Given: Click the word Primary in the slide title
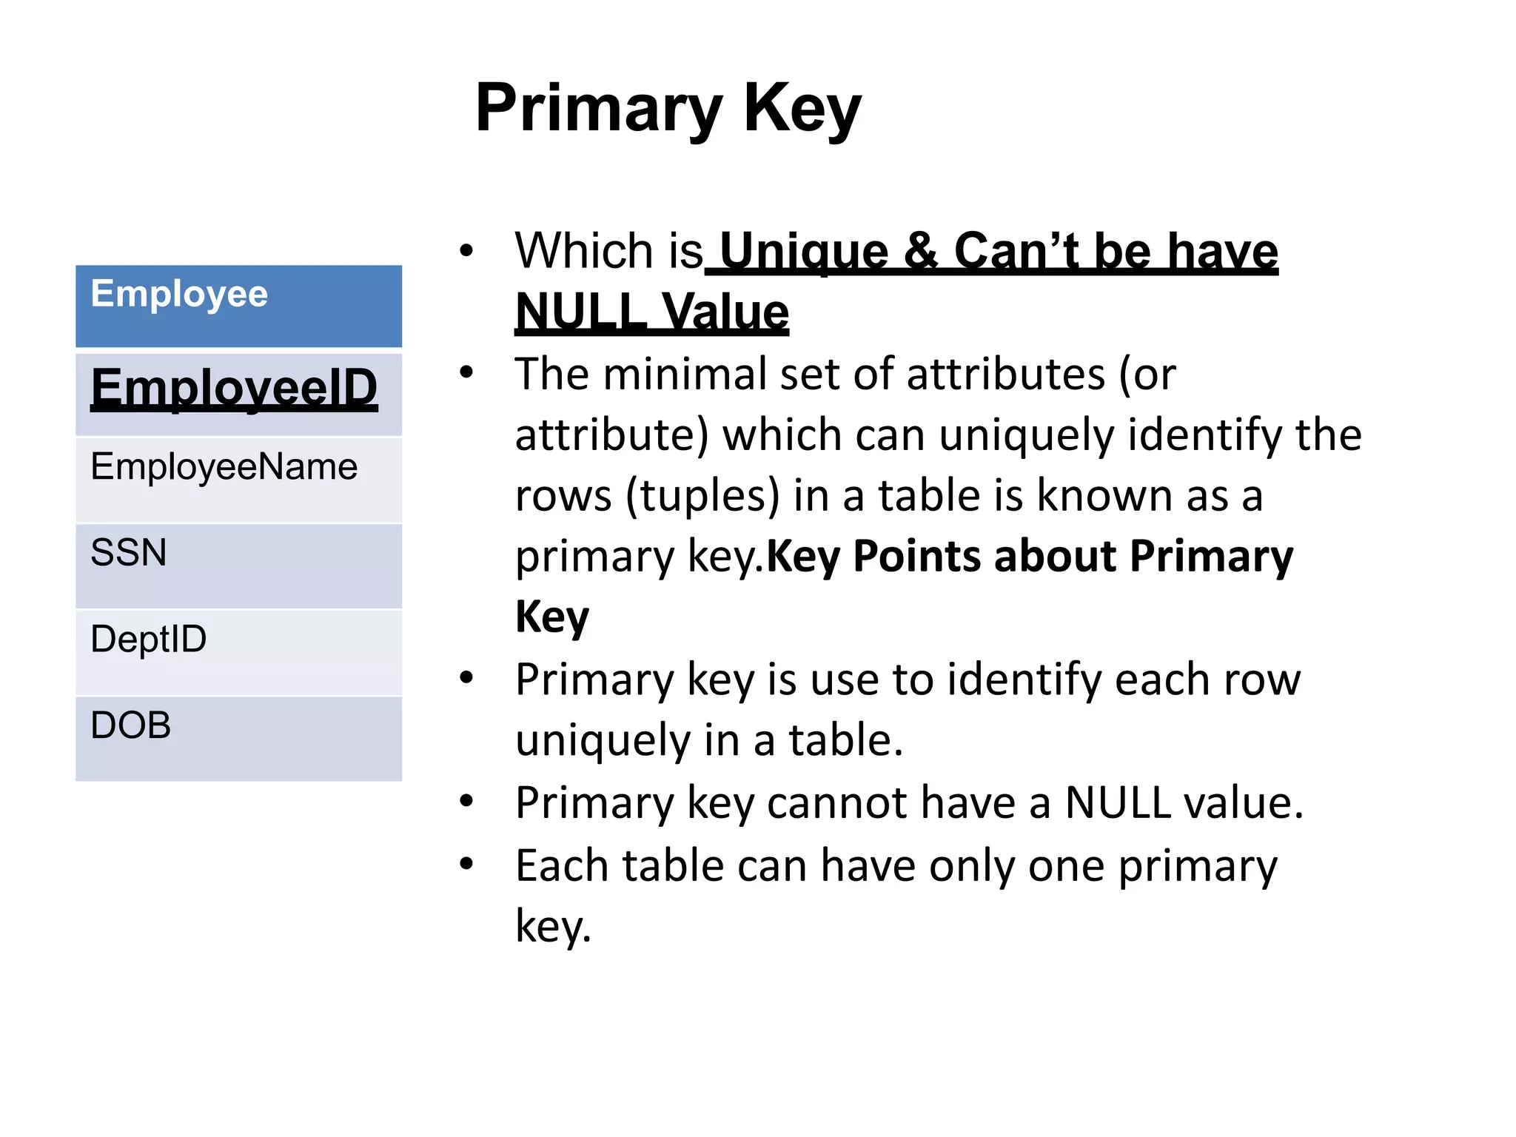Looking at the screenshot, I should click(x=598, y=109).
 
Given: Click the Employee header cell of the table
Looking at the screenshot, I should click(x=238, y=306).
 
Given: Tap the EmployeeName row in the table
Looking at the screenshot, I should click(x=238, y=478).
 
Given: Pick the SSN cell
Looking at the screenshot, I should click(x=238, y=566).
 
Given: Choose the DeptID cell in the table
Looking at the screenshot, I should click(x=238, y=651).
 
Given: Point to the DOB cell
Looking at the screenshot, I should click(x=238, y=737).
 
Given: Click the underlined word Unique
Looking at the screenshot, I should click(x=803, y=252).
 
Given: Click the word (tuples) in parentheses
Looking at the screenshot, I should click(x=702, y=495).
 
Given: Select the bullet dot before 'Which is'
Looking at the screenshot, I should click(x=466, y=250).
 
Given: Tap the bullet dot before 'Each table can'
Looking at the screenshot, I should click(x=466, y=863).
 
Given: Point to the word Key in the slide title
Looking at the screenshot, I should click(x=802, y=109).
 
